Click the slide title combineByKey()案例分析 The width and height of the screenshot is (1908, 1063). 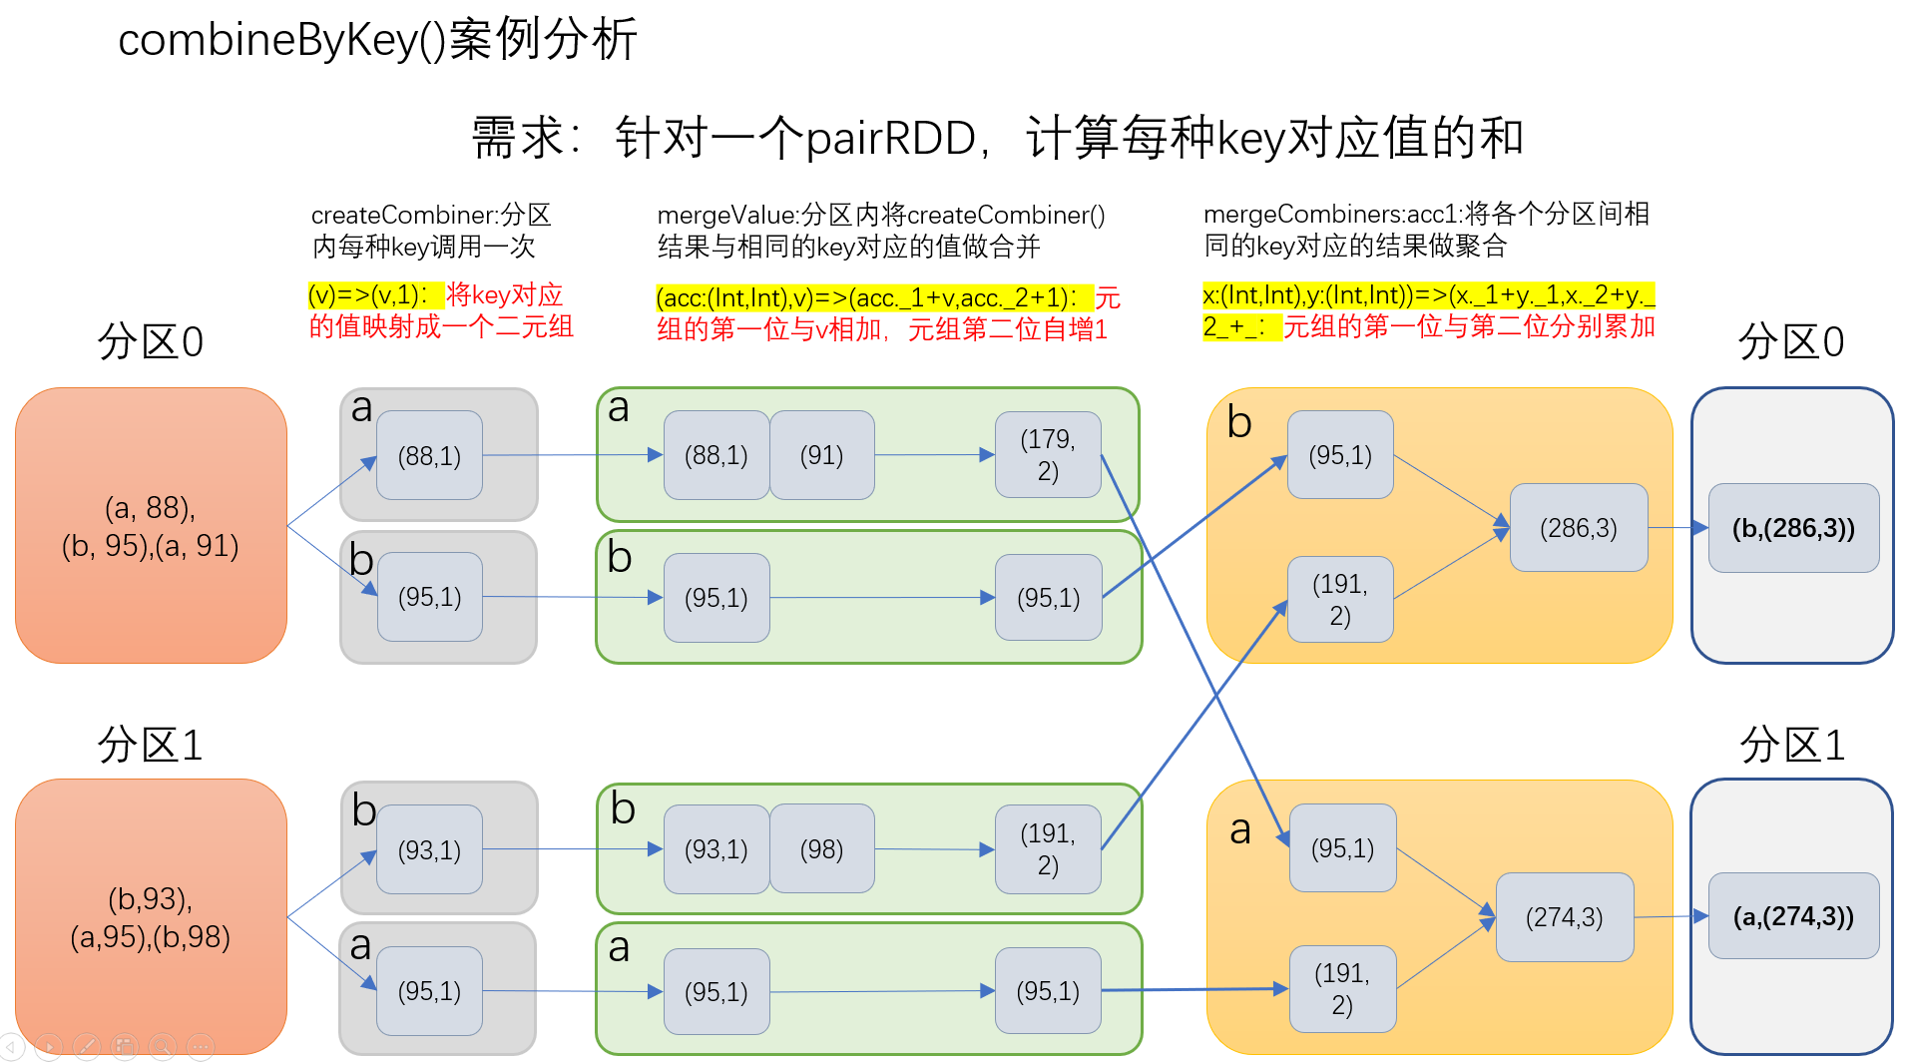coord(377,40)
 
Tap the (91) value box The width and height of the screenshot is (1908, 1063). coord(821,455)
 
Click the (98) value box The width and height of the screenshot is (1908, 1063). coord(821,849)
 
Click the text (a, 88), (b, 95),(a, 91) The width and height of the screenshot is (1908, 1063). coord(151,527)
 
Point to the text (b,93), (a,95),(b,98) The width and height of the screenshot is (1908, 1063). coord(151,917)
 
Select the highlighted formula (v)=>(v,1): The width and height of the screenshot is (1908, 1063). coord(368,295)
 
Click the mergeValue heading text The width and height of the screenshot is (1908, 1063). coord(880,231)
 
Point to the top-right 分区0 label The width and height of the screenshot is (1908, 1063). coord(1790,342)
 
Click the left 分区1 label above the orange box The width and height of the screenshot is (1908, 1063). coord(150,745)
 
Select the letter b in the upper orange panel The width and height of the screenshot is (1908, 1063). coord(1239,423)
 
